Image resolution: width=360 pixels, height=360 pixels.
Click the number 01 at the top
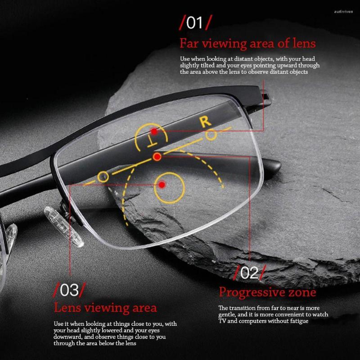tap(194, 23)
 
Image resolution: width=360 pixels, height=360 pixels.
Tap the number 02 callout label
tap(249, 273)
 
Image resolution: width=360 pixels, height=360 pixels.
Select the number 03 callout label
tap(69, 290)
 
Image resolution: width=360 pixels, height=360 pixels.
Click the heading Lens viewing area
tap(105, 308)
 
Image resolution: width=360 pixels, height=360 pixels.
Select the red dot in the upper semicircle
tap(154, 131)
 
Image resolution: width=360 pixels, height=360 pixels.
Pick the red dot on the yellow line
tap(157, 157)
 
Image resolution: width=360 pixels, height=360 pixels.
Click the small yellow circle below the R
tap(211, 135)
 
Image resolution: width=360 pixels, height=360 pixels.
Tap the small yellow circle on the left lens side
tap(103, 176)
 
